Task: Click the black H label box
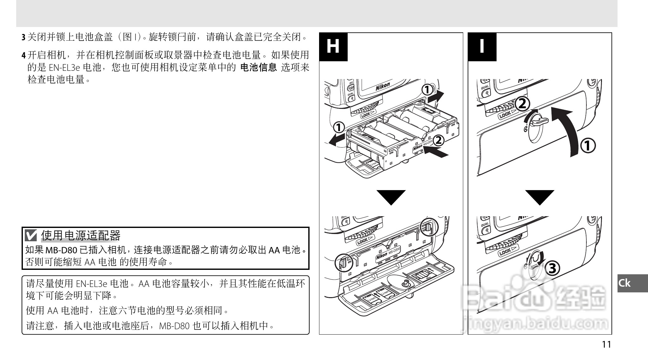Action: [x=333, y=47]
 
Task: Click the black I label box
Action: [x=482, y=47]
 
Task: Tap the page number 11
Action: [x=606, y=344]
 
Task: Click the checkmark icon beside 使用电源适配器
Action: [x=31, y=236]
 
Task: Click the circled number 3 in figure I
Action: [x=552, y=268]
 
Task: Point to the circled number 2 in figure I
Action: [x=522, y=104]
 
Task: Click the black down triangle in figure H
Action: [x=391, y=197]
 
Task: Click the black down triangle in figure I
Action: [x=539, y=197]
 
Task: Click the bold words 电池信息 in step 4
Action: [x=258, y=67]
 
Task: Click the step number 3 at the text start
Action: [x=23, y=37]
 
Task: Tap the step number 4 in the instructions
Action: [x=23, y=56]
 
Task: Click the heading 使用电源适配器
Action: [x=81, y=236]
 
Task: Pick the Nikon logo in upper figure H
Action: [x=383, y=86]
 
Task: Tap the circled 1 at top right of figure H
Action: [x=427, y=90]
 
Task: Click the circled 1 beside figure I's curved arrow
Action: [x=588, y=146]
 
